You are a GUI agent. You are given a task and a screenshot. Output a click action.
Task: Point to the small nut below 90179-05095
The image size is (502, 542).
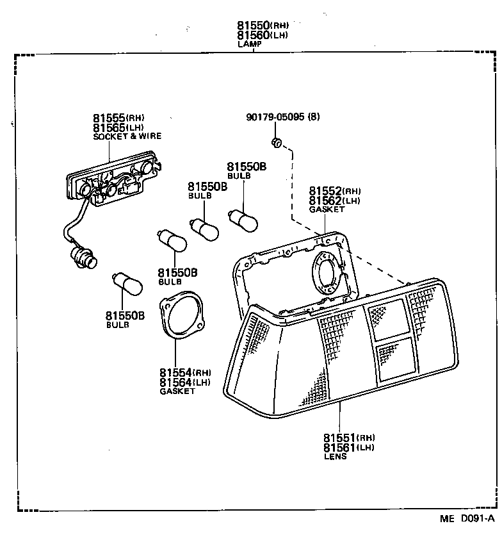tap(277, 142)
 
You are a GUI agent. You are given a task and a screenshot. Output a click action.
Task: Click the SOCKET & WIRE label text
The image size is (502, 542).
tap(127, 136)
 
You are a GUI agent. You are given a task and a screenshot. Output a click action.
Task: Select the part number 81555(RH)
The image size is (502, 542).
tap(118, 118)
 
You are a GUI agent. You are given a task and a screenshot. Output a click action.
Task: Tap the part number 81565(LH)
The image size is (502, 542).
tap(118, 127)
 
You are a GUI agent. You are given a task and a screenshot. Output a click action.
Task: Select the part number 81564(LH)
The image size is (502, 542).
tap(185, 382)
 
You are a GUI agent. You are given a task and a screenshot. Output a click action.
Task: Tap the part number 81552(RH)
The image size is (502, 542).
tap(334, 191)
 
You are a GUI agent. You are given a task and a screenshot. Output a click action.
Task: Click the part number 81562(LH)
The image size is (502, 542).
tap(334, 201)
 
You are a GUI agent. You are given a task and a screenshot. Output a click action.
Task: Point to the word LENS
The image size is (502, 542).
tap(335, 457)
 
